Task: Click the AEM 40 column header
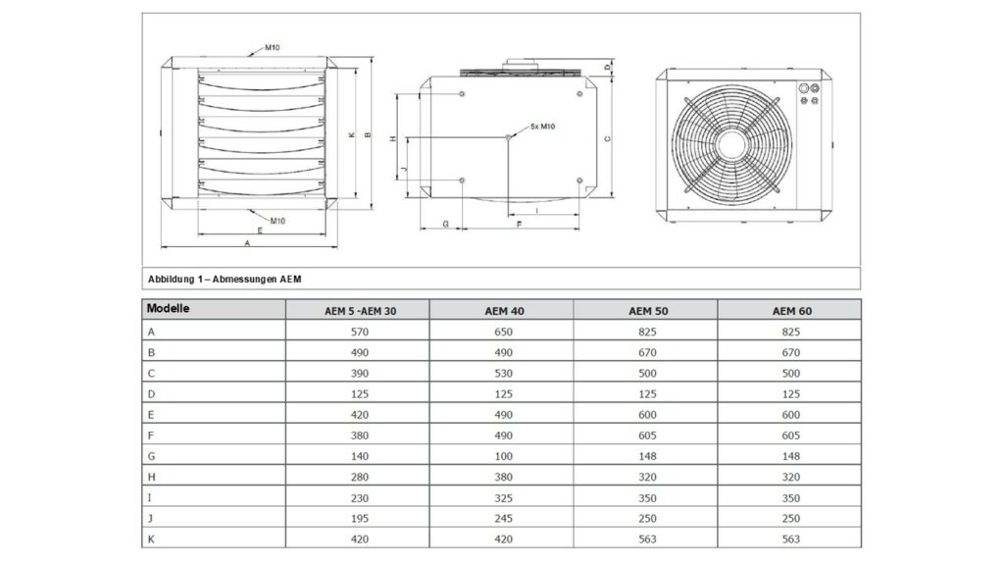[x=504, y=311]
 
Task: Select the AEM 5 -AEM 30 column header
[x=360, y=311]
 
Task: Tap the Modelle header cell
[x=168, y=308]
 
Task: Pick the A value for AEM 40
[x=503, y=332]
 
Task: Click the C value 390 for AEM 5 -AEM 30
[x=359, y=373]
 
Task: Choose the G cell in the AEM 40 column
[x=503, y=456]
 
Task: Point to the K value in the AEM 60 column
[x=791, y=539]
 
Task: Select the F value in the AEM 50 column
[x=647, y=436]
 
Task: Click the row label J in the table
[x=150, y=518]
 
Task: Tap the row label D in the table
[x=151, y=394]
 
